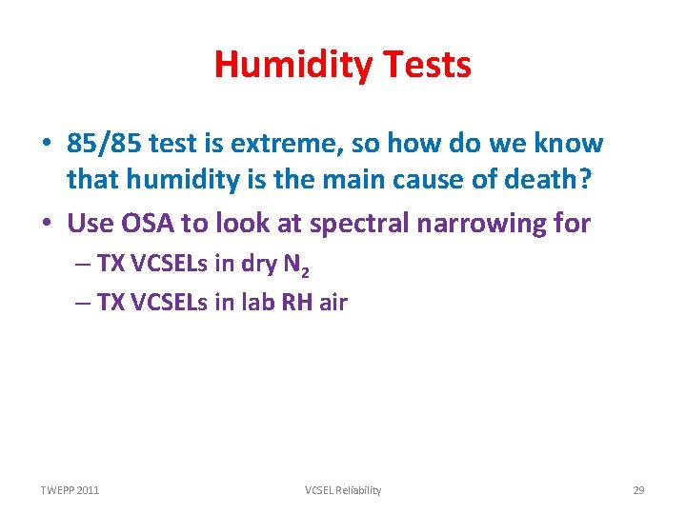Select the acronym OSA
148,223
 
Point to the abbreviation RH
295,303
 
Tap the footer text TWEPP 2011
70,490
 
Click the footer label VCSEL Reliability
343,490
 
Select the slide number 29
638,490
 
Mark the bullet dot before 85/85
46,145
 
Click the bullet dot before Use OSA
46,224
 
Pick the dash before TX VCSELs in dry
81,266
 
